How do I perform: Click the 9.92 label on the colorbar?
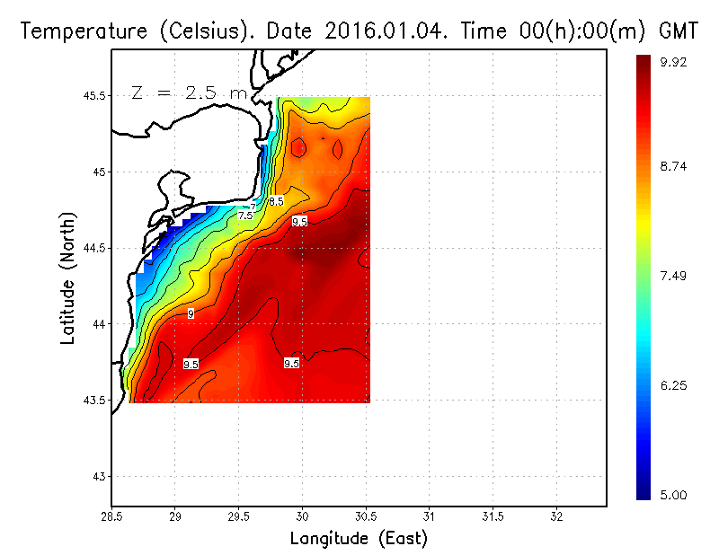click(675, 62)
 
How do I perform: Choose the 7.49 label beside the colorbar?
click(675, 276)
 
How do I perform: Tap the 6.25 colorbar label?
click(675, 385)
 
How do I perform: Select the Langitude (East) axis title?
click(359, 539)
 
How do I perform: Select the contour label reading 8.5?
click(276, 201)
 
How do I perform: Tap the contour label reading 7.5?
click(245, 216)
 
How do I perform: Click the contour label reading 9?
click(191, 313)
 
